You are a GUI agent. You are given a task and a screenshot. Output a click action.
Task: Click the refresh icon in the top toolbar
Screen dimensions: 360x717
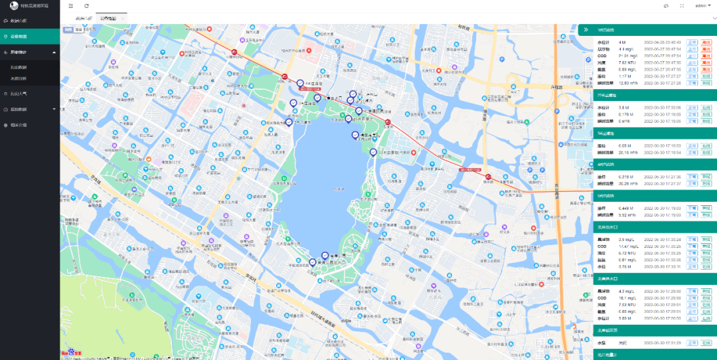(x=86, y=6)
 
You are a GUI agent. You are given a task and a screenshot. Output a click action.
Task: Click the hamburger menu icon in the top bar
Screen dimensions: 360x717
(x=71, y=6)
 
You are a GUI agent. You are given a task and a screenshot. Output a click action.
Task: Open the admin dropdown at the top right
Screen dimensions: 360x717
(x=702, y=5)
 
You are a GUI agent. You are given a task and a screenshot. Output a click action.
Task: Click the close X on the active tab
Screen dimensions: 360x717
(x=122, y=19)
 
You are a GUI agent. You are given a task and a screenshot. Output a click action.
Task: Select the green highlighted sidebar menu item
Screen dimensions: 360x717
(x=30, y=36)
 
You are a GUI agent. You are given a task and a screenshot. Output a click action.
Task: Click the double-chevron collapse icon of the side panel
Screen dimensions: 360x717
(x=586, y=29)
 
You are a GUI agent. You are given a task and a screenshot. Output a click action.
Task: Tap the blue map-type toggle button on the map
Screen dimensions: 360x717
(x=68, y=29)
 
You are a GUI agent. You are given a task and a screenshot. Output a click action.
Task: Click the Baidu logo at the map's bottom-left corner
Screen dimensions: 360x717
(x=68, y=353)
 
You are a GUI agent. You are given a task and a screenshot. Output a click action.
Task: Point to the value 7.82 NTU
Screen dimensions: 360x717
(x=608, y=62)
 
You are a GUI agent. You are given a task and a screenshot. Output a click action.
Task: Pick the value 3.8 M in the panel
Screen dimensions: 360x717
(x=605, y=107)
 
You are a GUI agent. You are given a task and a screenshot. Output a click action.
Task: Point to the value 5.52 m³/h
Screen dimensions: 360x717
(x=609, y=215)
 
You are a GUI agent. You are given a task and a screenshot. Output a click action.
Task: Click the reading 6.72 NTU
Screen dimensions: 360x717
(x=609, y=253)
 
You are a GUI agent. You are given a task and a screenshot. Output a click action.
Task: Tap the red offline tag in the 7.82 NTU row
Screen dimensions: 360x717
(x=706, y=62)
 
